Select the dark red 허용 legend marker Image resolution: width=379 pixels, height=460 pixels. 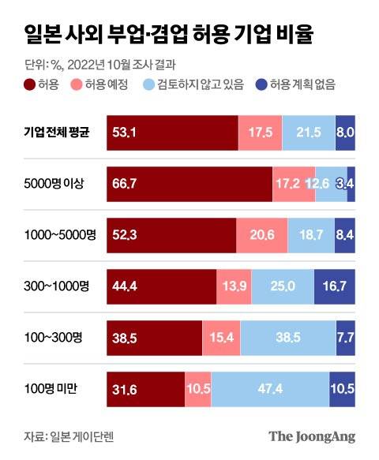pyautogui.click(x=30, y=84)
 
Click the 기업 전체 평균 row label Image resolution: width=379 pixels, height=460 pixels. pyautogui.click(x=56, y=133)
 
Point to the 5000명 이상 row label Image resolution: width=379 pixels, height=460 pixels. pyautogui.click(x=54, y=184)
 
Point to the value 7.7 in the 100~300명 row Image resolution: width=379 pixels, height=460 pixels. pyautogui.click(x=345, y=338)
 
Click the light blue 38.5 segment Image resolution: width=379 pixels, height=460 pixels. pyautogui.click(x=287, y=338)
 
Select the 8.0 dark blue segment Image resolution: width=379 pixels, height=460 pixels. pyautogui.click(x=345, y=133)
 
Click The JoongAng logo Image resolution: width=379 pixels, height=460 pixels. pyautogui.click(x=313, y=436)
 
